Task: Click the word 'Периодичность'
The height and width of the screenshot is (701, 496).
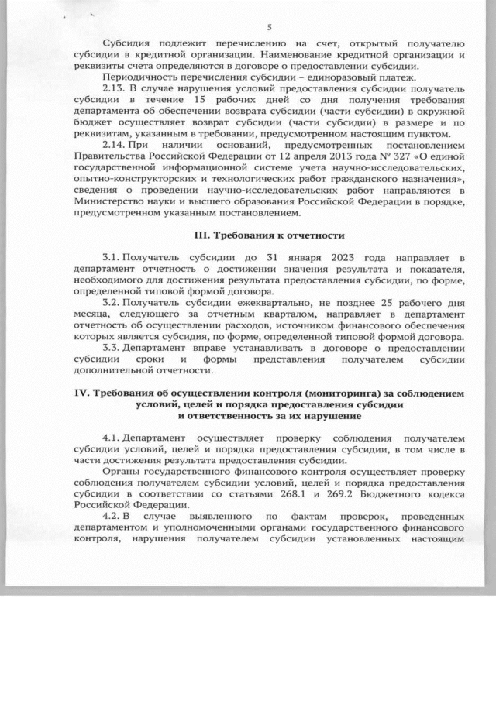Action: (x=139, y=77)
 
